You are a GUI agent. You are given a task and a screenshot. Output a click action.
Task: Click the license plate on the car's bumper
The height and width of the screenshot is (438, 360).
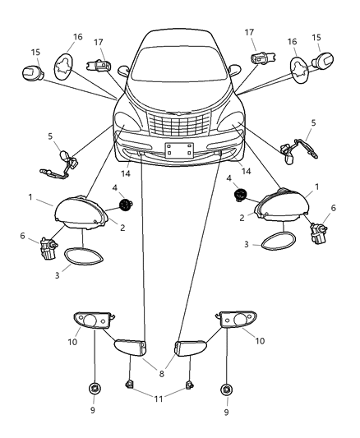click(x=177, y=150)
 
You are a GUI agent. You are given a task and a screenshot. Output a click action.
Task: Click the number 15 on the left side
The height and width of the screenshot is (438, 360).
click(x=35, y=53)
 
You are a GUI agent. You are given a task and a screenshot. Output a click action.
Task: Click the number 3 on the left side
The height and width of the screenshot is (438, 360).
click(x=58, y=276)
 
